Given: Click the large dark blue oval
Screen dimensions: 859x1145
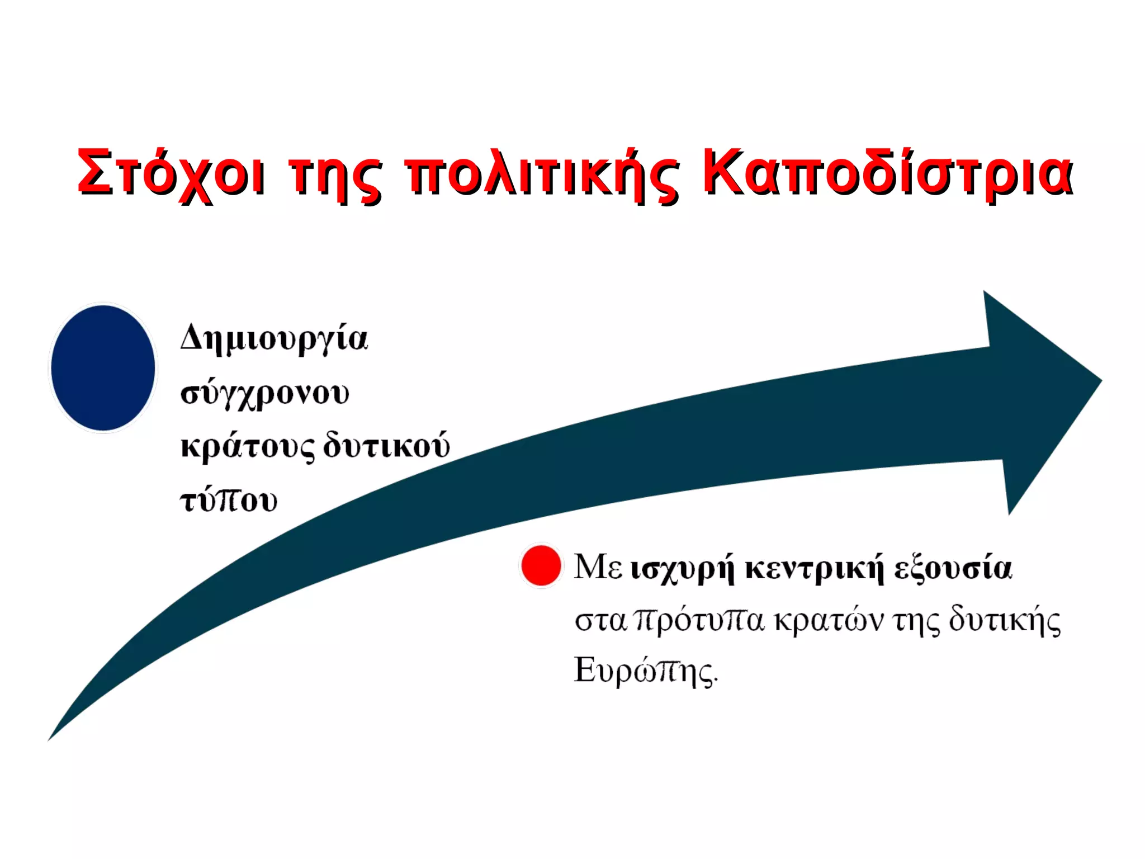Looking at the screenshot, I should click(x=103, y=368).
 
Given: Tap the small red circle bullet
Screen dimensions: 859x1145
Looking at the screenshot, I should click(x=541, y=565).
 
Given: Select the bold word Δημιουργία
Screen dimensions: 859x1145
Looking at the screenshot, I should click(x=274, y=339).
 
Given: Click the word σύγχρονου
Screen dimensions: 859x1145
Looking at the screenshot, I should click(x=265, y=394).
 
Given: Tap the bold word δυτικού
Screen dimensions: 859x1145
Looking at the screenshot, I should click(x=386, y=446).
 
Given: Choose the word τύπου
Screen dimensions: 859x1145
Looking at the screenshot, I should click(x=229, y=500).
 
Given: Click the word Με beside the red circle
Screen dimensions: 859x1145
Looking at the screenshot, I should click(x=598, y=567).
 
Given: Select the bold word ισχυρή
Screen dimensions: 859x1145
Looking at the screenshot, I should click(x=682, y=569).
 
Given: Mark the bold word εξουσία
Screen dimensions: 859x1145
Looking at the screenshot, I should click(x=953, y=568).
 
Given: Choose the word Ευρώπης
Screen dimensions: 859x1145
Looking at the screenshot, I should click(x=645, y=671).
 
